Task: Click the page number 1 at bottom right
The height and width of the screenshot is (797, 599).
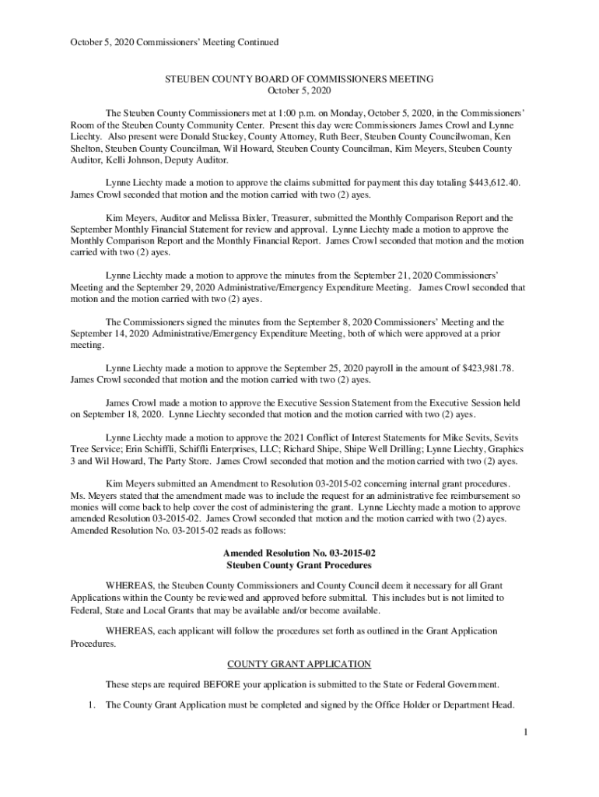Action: (x=526, y=732)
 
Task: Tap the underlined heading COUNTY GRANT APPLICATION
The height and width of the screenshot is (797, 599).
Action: (x=299, y=664)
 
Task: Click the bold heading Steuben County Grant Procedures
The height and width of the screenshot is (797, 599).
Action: (x=299, y=565)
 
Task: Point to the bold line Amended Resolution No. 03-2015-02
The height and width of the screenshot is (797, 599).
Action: (x=299, y=553)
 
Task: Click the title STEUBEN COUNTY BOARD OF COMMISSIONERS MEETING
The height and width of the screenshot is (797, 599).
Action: (x=299, y=79)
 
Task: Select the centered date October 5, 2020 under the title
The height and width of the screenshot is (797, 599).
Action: (x=299, y=92)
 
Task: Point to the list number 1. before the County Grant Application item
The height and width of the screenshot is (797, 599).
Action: (x=90, y=705)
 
